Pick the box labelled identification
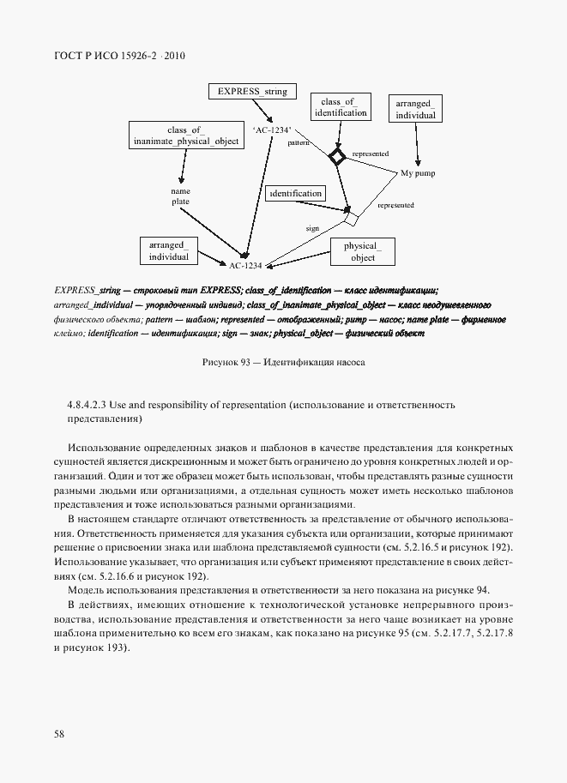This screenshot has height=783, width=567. (x=295, y=194)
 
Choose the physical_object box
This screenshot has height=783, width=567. (x=363, y=251)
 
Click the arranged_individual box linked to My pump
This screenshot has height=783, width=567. (x=415, y=109)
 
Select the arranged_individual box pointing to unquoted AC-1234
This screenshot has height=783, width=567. (x=168, y=250)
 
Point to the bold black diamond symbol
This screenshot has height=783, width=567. (x=337, y=156)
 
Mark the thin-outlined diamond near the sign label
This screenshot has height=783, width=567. (x=349, y=220)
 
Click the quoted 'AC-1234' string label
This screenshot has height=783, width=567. (x=272, y=129)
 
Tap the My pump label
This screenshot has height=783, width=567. (x=418, y=173)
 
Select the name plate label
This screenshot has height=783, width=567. (x=180, y=196)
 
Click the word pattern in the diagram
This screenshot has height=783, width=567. (x=299, y=143)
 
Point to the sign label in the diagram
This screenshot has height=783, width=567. (x=312, y=229)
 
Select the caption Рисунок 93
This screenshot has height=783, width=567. (x=283, y=362)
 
